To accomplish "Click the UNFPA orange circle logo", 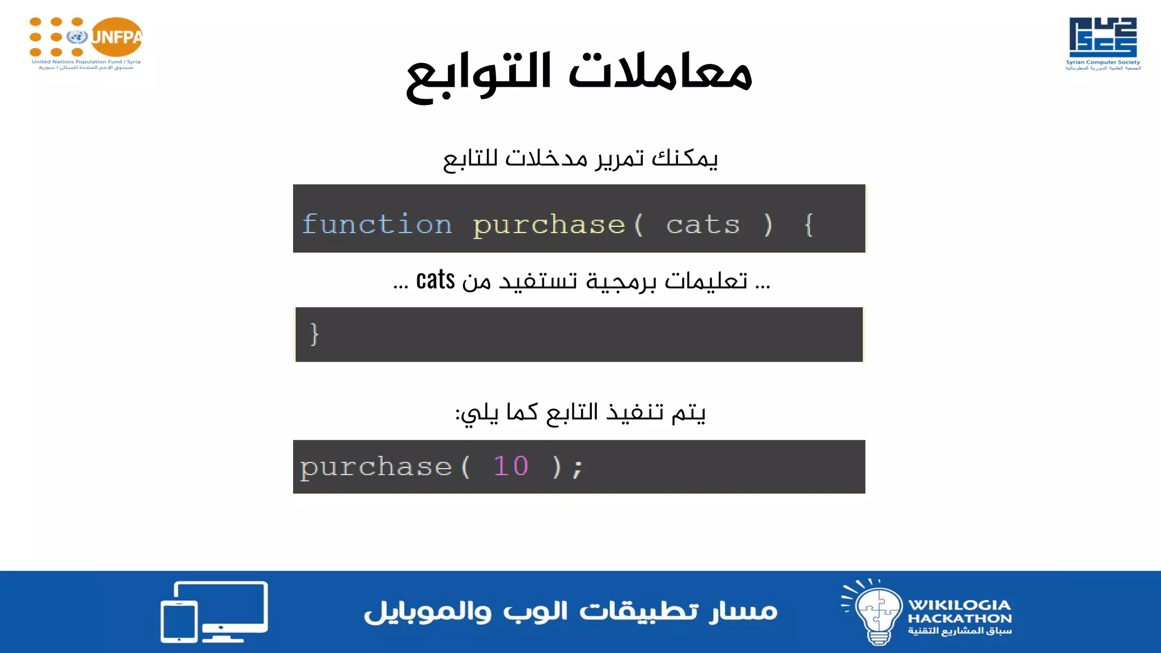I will (x=116, y=37).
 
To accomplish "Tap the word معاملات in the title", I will (x=660, y=73).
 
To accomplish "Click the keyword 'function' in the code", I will (x=377, y=224).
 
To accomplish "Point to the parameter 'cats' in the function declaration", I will (x=703, y=225).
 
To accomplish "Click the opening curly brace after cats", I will (x=809, y=225).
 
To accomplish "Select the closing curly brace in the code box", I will (x=315, y=334).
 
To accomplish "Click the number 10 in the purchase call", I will (x=510, y=467).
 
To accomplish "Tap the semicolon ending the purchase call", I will (x=577, y=468).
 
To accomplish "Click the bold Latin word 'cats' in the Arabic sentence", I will (x=435, y=280).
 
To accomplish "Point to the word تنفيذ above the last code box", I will (x=635, y=412).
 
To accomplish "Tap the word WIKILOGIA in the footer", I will (x=959, y=605).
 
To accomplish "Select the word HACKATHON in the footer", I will (x=959, y=618).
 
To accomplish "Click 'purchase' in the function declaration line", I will (x=549, y=225).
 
